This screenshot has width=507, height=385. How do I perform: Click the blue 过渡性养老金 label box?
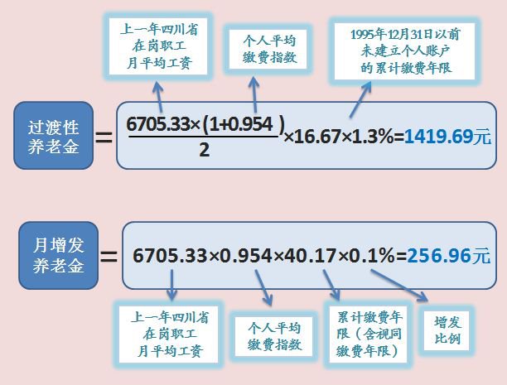(x=53, y=136)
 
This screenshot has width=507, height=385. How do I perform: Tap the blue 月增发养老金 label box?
(x=59, y=255)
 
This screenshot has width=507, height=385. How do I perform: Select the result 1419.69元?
(x=448, y=137)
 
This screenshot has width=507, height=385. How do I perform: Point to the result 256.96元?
(x=449, y=256)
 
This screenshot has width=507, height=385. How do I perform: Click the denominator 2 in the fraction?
(x=205, y=150)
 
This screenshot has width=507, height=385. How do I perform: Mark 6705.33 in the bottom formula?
(x=170, y=256)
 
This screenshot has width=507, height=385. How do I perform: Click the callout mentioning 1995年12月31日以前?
(x=404, y=51)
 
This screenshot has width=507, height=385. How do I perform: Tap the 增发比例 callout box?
(x=447, y=330)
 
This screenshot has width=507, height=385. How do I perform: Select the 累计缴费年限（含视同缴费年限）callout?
(x=369, y=334)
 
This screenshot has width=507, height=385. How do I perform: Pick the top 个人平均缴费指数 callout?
(x=268, y=49)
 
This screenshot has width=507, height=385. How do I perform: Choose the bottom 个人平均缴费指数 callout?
(x=273, y=336)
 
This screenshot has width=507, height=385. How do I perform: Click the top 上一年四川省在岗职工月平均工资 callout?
(x=158, y=46)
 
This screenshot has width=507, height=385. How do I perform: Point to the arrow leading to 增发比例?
(x=399, y=286)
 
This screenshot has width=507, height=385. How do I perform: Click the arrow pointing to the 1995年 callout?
(x=360, y=99)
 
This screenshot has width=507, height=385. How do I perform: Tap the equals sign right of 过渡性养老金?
(x=104, y=137)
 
